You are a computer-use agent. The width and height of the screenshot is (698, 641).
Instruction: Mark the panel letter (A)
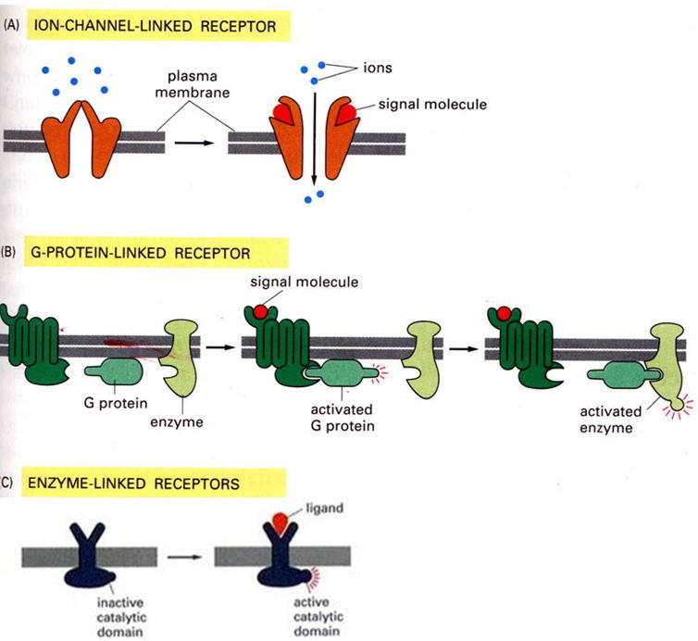tap(13, 26)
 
